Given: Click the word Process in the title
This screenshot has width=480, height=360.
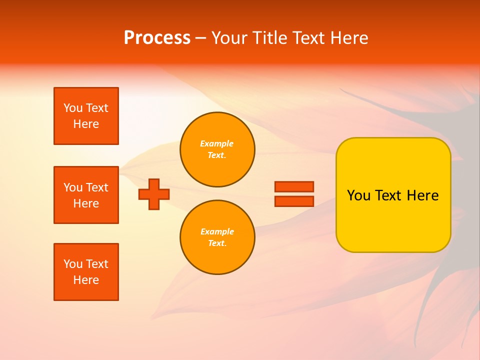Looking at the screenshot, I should [157, 38].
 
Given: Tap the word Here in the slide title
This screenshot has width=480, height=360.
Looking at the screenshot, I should [347, 38].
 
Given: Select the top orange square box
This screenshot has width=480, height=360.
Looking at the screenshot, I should [86, 116].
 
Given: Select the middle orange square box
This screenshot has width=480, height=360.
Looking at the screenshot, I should [86, 195].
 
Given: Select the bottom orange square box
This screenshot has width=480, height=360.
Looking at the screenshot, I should [86, 272].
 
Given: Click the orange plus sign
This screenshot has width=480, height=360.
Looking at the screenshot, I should [154, 194].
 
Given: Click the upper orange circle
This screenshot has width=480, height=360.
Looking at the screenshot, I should [217, 149].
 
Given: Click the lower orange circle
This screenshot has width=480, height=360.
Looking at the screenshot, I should [217, 237].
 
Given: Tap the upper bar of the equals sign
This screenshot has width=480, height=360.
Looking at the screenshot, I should [294, 187].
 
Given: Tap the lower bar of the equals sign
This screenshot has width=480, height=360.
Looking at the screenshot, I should [294, 201].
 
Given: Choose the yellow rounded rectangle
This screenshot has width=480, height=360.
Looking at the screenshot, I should [393, 195].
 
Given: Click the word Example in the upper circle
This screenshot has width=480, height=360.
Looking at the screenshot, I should [217, 143].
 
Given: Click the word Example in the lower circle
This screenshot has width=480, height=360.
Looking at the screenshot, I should [217, 231].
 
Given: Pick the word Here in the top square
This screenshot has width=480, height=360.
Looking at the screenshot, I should [86, 124].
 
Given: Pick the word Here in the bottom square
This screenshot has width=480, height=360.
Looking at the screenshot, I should [86, 280].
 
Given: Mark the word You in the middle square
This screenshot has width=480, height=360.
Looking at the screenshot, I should [73, 187].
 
